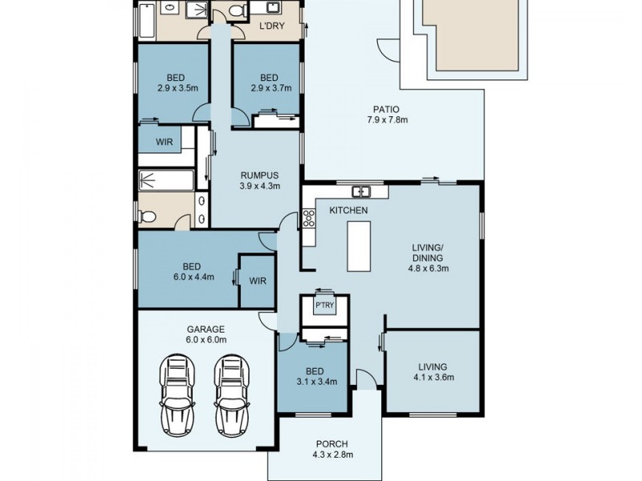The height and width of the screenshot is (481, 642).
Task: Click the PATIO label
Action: tap(386, 110)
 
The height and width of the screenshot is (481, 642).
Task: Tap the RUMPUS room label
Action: tap(259, 176)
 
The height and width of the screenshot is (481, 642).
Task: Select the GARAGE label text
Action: tap(206, 329)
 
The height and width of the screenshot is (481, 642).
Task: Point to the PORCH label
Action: tap(332, 444)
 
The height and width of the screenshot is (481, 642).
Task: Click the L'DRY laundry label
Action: tap(272, 26)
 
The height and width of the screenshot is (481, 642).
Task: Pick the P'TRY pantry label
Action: tap(324, 305)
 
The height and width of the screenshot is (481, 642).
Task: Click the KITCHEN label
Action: tap(349, 210)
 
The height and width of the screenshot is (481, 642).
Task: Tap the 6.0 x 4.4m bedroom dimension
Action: tap(193, 277)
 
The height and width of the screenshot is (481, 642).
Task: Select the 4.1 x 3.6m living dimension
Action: tap(433, 377)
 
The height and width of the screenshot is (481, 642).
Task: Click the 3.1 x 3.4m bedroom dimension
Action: tap(316, 382)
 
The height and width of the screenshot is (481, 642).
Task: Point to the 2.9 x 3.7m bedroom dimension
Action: tap(271, 88)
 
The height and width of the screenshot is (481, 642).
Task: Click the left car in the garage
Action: tap(177, 394)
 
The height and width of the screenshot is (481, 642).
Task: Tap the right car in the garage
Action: tap(231, 394)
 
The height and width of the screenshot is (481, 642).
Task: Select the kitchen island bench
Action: tap(359, 246)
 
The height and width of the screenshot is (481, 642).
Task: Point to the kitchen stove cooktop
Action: tap(308, 218)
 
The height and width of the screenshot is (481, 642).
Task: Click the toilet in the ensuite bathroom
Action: tap(147, 216)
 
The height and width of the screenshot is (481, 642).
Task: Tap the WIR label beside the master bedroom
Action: tap(258, 281)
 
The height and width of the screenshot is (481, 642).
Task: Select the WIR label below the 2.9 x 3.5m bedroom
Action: tap(165, 143)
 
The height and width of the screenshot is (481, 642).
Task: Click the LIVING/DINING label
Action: tap(428, 253)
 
